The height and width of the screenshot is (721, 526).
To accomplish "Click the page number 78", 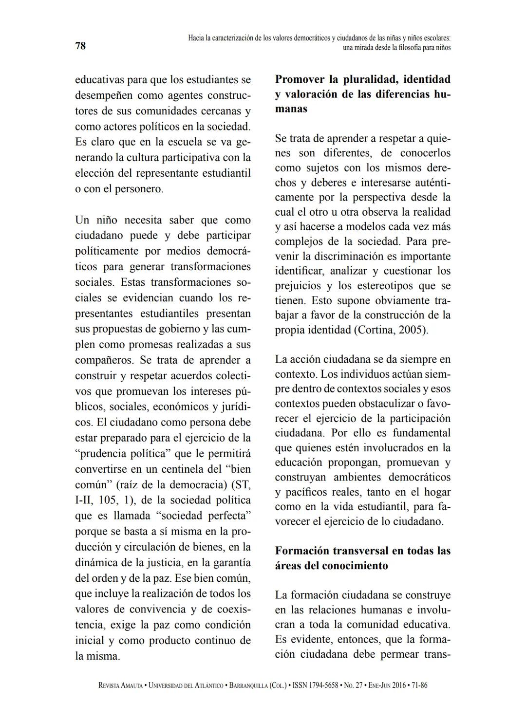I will coord(80,46).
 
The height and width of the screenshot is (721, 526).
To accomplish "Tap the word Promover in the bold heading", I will coord(299,79).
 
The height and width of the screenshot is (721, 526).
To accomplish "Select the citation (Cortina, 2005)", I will coord(392,330).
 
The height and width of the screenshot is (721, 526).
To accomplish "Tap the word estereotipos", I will coord(375,285).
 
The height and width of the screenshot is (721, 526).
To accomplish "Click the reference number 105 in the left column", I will coord(108,500).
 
